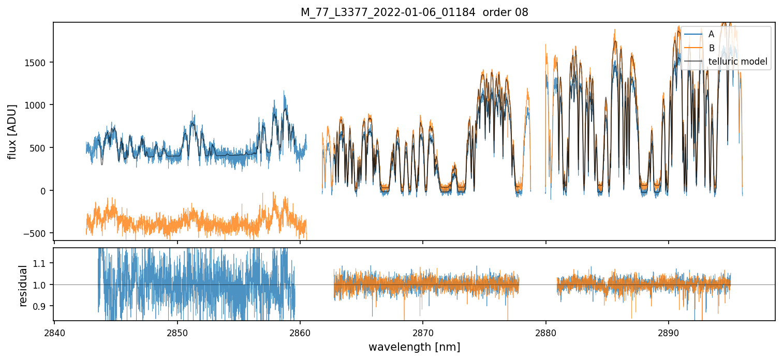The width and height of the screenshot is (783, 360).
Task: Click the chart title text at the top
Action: tap(414, 12)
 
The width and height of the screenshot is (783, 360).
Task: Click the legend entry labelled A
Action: tap(711, 34)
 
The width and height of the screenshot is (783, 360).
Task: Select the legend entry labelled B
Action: tap(711, 48)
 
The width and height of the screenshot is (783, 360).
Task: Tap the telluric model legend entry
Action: tap(737, 62)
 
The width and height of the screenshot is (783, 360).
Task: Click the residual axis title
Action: tap(23, 285)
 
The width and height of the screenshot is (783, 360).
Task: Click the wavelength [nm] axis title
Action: tap(414, 347)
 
